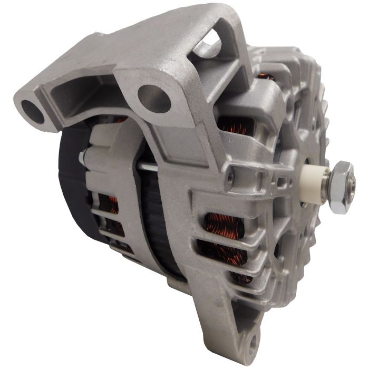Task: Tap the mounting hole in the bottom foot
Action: (254, 338)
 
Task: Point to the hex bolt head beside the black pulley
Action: (83, 157)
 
